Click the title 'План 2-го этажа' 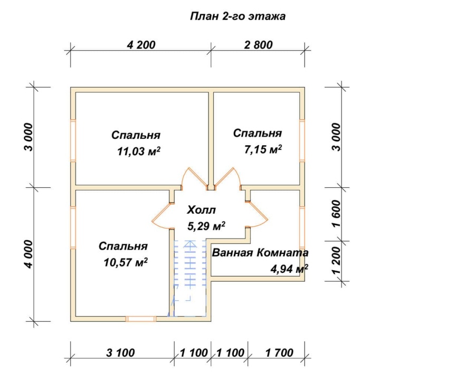(238, 16)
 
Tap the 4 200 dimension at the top (141, 45)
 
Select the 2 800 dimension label (258, 45)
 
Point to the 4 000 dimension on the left (28, 254)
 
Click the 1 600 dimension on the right (336, 214)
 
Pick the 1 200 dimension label (336, 261)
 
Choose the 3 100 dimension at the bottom (120, 353)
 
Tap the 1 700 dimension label (279, 353)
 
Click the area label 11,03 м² (139, 151)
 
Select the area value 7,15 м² (263, 149)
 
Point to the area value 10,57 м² (126, 262)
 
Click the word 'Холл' (202, 210)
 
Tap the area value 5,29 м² (206, 226)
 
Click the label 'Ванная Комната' (260, 253)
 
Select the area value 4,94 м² (289, 269)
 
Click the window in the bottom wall (141, 319)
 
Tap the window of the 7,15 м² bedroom (302, 140)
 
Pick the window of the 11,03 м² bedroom (73, 140)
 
